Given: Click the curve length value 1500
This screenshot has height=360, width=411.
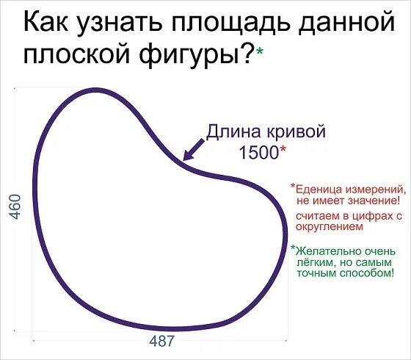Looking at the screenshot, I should pos(258,152).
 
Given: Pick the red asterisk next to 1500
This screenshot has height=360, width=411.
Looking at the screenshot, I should pos(283,149).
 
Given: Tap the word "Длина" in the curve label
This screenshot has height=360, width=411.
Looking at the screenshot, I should pos(231,132).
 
